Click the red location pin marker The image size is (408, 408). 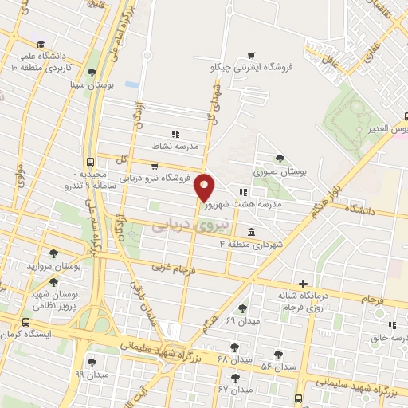click(x=205, y=187)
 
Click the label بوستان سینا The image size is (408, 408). click(x=87, y=84)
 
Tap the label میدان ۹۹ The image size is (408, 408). click(x=90, y=374)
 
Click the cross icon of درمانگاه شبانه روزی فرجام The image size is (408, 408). click(x=303, y=284)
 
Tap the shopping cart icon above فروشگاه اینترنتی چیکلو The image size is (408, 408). click(x=252, y=56)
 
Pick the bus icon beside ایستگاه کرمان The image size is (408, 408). click(x=26, y=323)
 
